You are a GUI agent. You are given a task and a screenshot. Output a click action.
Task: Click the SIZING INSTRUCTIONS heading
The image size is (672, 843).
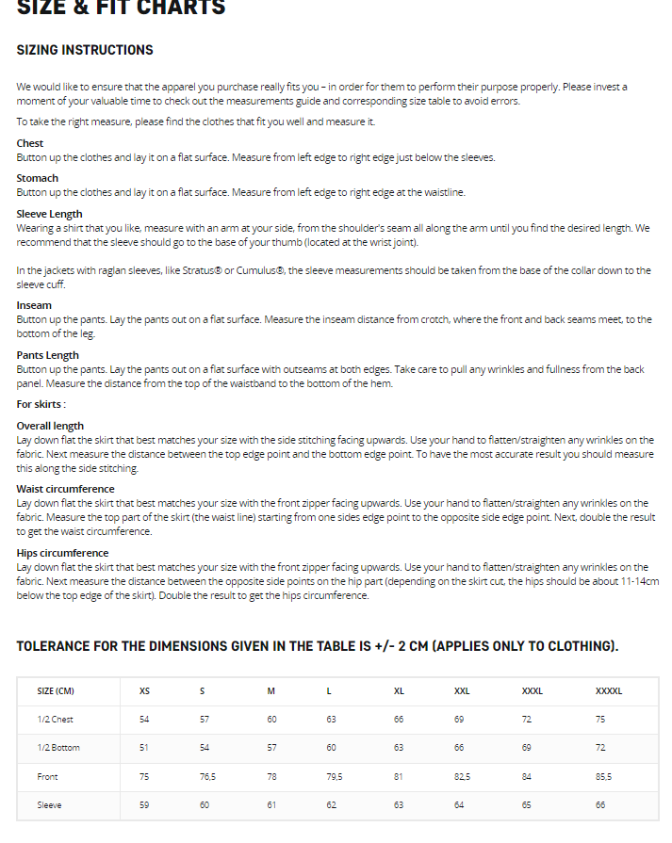coord(85,50)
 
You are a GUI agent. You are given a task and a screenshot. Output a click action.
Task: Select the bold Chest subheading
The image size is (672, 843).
coord(30,143)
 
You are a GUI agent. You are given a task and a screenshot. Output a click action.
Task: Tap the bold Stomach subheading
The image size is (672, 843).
coord(38,178)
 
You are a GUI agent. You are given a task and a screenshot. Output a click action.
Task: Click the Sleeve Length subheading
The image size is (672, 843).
coord(50,214)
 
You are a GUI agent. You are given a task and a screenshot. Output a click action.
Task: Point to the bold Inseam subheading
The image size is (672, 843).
coord(34,305)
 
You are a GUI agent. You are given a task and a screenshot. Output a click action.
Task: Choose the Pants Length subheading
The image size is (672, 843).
coord(48,355)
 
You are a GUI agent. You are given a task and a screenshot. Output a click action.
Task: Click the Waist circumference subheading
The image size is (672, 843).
coord(66,489)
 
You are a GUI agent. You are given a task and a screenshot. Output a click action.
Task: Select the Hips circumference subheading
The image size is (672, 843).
coord(62,553)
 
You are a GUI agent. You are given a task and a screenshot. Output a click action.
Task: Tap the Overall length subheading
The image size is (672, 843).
coord(50,426)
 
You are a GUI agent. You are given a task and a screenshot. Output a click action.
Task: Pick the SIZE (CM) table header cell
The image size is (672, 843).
coord(56,691)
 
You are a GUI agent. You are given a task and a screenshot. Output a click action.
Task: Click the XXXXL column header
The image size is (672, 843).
coord(609,691)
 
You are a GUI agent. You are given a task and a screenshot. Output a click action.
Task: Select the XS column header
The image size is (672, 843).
coord(144,691)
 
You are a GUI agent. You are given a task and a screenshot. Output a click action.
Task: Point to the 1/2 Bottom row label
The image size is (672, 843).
coord(58,748)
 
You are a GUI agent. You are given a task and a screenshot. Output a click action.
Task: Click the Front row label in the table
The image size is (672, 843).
coord(48,777)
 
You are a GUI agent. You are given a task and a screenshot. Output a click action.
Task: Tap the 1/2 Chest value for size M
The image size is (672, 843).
coord(271,720)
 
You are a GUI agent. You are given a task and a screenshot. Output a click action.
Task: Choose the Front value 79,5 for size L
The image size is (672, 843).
coord(334,777)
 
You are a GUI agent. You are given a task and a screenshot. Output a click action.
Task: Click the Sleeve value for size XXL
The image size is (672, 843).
coord(459,805)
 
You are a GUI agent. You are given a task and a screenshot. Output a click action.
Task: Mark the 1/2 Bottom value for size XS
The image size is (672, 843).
coord(144,748)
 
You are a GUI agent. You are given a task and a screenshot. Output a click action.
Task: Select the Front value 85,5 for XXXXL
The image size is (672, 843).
coord(603,777)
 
